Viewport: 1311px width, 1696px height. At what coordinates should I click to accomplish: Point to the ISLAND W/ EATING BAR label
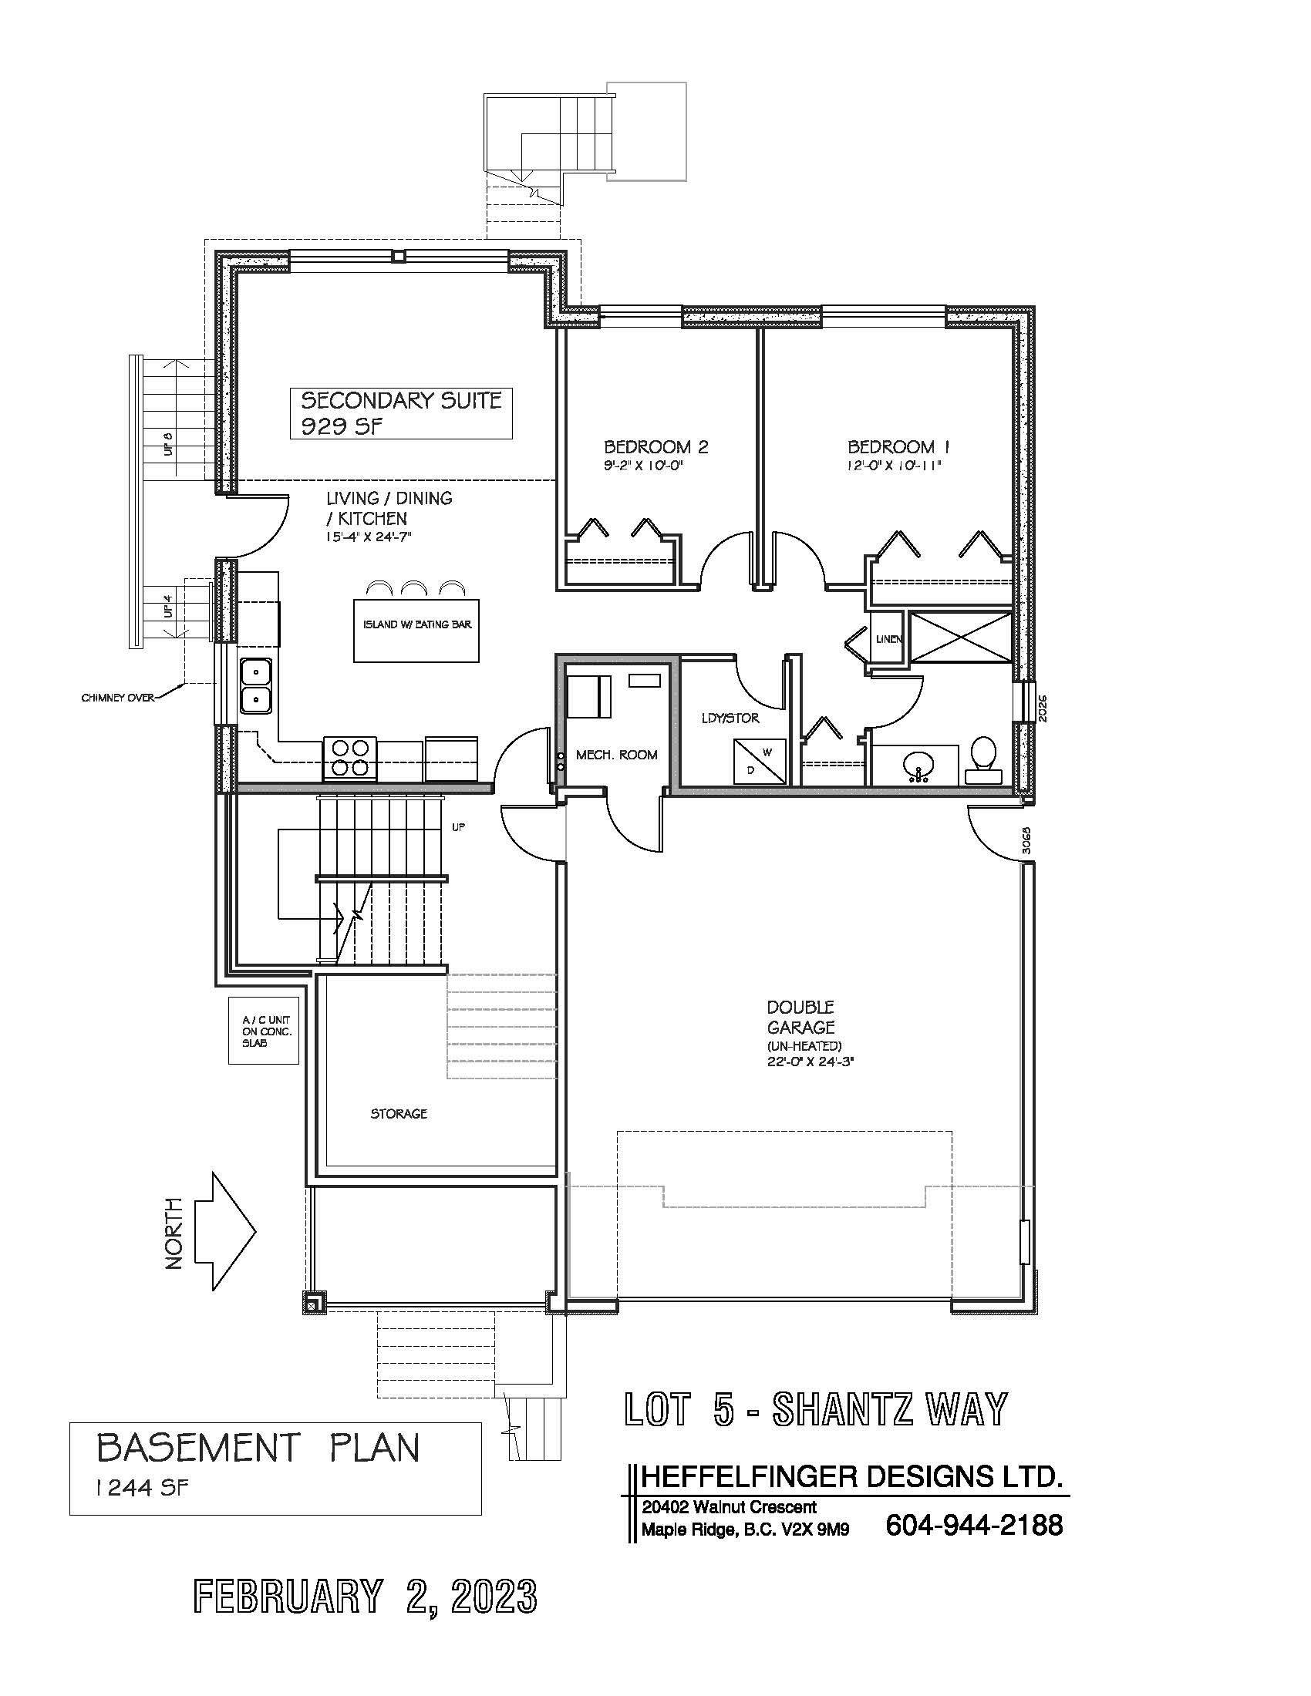pos(416,624)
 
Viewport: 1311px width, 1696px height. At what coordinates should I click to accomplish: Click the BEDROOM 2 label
pos(655,446)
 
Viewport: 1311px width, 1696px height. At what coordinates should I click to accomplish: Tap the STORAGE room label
pos(399,1114)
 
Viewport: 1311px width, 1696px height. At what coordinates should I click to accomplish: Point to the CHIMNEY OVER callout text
pos(117,698)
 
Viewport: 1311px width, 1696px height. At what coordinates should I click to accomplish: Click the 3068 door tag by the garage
pos(1026,840)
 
